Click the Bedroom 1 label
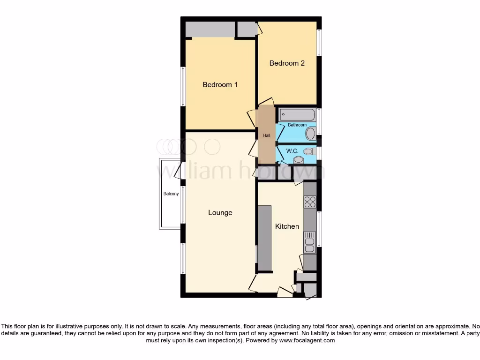point(220,85)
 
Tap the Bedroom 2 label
point(287,63)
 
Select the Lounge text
point(220,213)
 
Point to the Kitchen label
point(287,226)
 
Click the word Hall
point(266,135)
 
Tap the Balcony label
point(171,194)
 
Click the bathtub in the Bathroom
point(297,114)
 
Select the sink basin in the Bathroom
point(310,134)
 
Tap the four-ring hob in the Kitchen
point(310,202)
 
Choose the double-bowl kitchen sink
point(310,242)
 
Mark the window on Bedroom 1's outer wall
point(183,86)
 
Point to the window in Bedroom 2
point(319,43)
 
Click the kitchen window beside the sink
point(319,229)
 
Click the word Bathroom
point(297,125)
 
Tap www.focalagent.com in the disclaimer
point(307,341)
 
